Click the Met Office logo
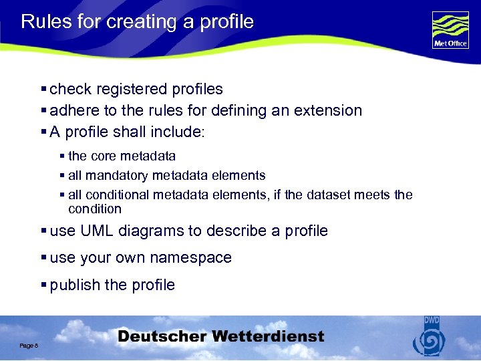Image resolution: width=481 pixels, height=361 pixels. pos(450,30)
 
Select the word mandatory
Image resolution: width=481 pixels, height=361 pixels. pos(117,176)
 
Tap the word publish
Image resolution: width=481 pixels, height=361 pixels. pos(75,285)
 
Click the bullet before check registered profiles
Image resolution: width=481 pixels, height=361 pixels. pos(44,89)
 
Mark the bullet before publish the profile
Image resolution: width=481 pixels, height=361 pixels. pos(44,285)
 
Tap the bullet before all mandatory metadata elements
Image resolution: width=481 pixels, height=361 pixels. pos(63,176)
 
